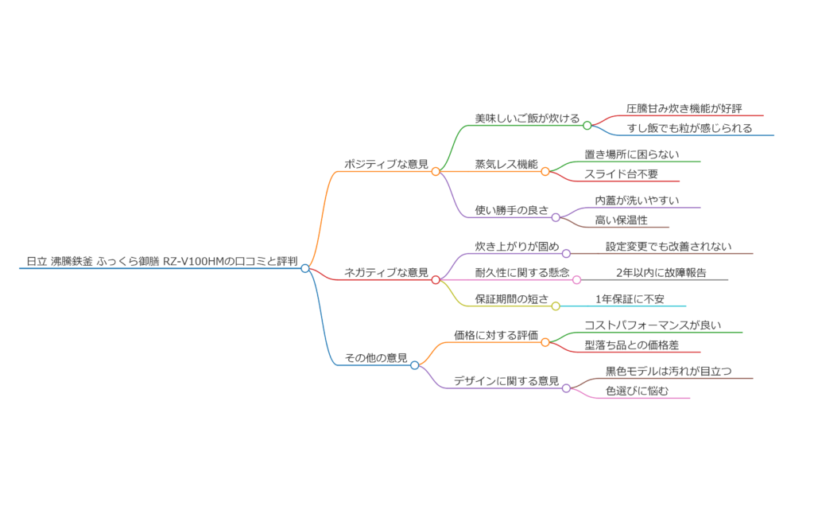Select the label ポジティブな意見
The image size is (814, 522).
(386, 163)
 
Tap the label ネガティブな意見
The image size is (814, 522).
(386, 271)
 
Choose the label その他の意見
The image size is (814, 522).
(375, 357)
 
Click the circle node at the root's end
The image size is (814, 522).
(305, 269)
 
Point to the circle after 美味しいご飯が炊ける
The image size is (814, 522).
(587, 125)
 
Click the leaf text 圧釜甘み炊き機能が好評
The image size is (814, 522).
(684, 108)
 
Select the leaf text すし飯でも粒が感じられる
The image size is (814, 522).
(689, 127)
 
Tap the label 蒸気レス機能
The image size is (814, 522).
(506, 163)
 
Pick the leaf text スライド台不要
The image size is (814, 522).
(621, 173)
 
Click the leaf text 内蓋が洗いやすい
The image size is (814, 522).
(637, 200)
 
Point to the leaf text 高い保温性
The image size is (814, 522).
(621, 220)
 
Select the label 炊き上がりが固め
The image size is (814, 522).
(517, 246)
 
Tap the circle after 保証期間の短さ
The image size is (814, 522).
(556, 306)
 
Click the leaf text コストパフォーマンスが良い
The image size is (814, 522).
(653, 325)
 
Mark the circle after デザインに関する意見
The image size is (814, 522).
(566, 388)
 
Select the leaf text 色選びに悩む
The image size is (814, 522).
(637, 390)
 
